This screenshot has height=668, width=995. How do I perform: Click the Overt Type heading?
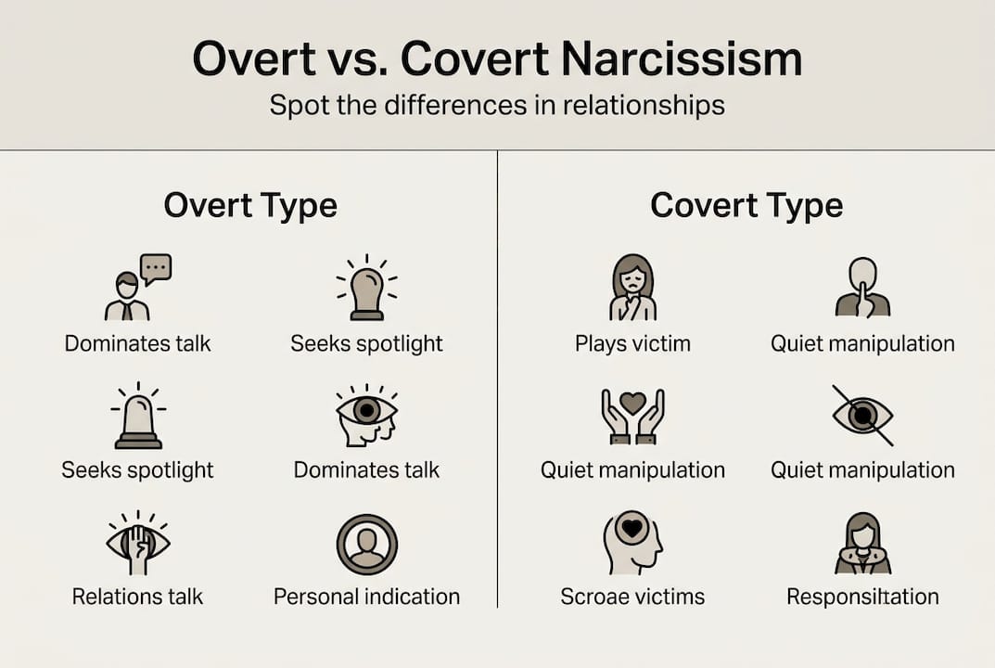click(x=250, y=205)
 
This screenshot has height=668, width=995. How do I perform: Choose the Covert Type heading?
click(x=746, y=205)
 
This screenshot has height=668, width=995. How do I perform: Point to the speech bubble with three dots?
click(x=156, y=268)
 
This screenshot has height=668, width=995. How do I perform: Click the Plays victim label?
click(x=632, y=343)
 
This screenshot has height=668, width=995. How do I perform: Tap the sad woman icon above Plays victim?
click(x=632, y=288)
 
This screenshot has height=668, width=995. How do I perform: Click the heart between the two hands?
click(x=632, y=403)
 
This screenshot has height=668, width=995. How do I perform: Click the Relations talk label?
click(x=137, y=596)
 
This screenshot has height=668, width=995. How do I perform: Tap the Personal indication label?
click(x=366, y=596)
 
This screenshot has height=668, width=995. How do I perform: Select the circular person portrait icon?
click(x=366, y=545)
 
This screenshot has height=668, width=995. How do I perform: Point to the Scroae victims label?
click(x=632, y=596)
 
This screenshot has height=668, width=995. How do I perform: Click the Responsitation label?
click(x=862, y=596)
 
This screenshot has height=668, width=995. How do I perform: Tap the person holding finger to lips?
click(x=862, y=288)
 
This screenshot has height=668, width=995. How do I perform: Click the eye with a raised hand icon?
click(x=138, y=542)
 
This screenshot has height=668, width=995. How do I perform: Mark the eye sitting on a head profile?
click(x=366, y=416)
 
